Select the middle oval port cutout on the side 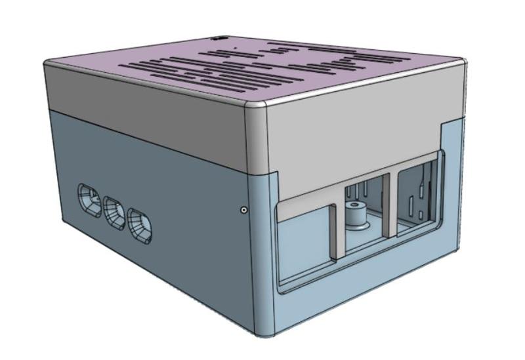pyautogui.click(x=114, y=212)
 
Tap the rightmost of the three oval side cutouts pyautogui.click(x=140, y=225)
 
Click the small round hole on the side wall pyautogui.click(x=244, y=210)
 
